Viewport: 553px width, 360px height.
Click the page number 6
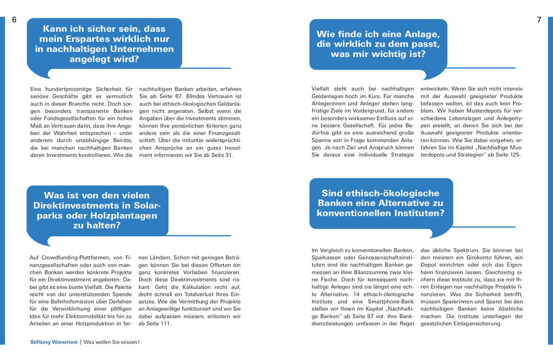pyautogui.click(x=14, y=20)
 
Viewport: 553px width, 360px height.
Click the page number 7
pyautogui.click(x=539, y=20)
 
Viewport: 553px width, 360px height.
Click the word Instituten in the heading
pyautogui.click(x=416, y=213)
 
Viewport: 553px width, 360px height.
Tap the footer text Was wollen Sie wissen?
pyautogui.click(x=112, y=342)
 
